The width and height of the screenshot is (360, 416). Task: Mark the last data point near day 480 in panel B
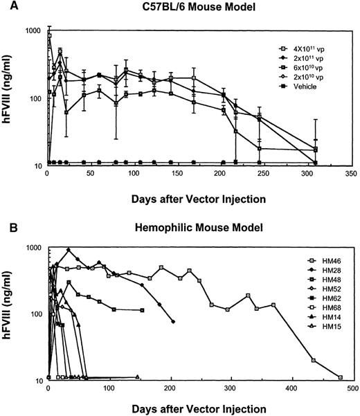(340, 377)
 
